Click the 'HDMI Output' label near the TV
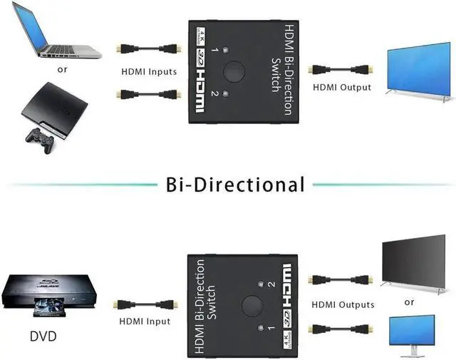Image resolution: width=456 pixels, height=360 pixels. pyautogui.click(x=342, y=87)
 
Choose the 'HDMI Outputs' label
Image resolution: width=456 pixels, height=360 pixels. pyautogui.click(x=343, y=304)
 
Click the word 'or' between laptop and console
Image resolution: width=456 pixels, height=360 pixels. pyautogui.click(x=63, y=70)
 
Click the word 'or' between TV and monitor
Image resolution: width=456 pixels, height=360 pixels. pyautogui.click(x=409, y=302)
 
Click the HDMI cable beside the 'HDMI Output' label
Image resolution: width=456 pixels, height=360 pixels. pyautogui.click(x=341, y=70)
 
